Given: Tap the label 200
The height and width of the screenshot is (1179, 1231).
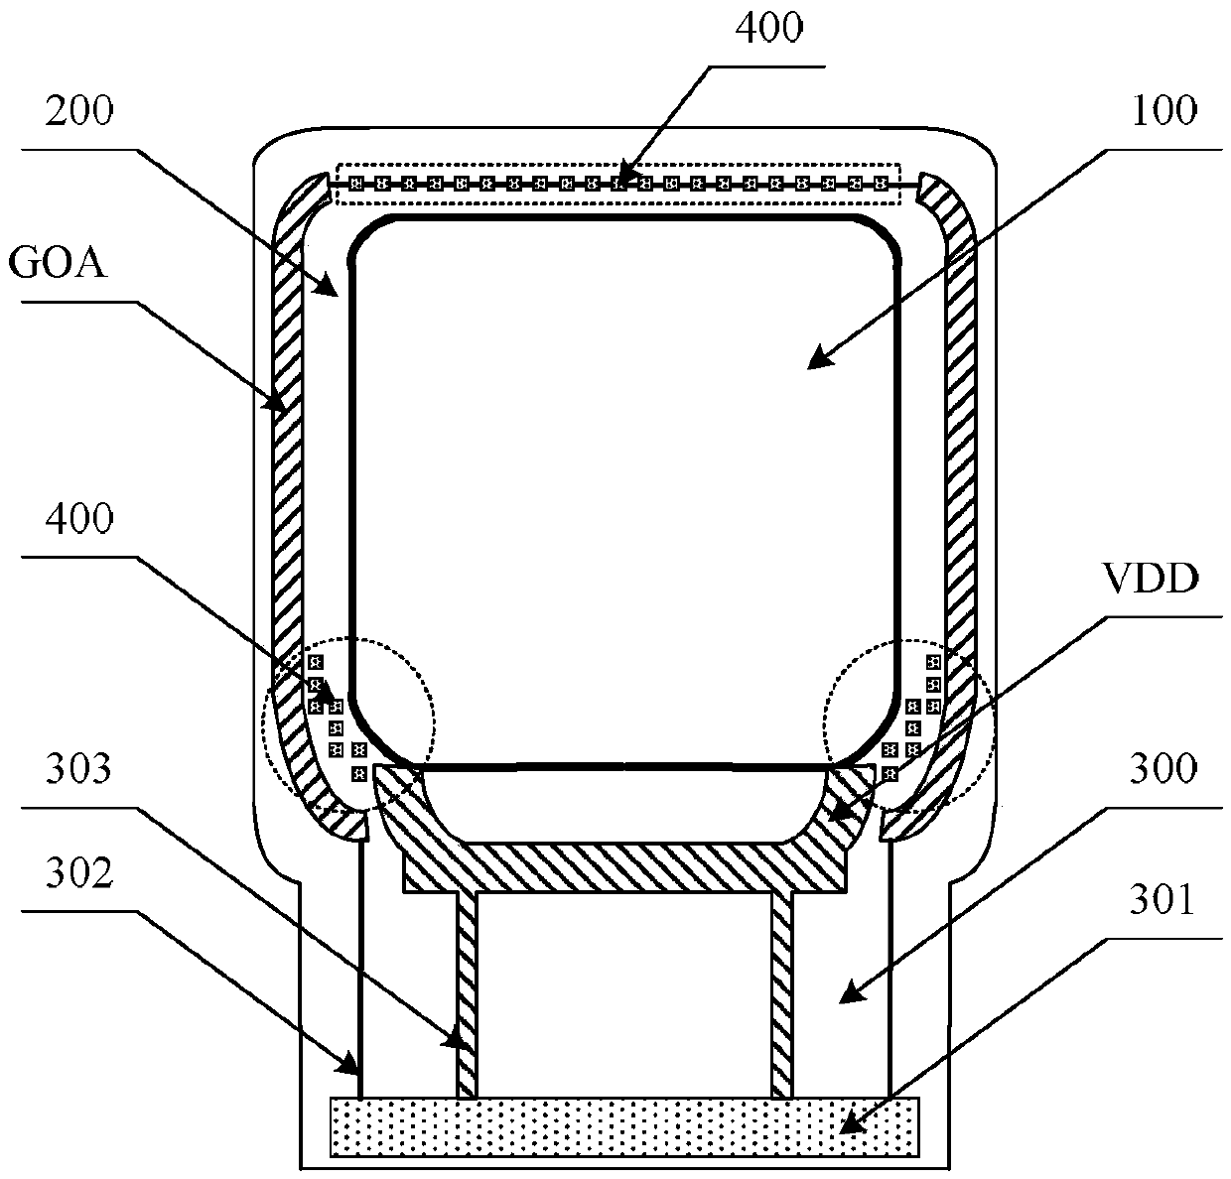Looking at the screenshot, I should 76,110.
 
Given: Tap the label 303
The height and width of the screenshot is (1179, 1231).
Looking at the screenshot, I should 76,768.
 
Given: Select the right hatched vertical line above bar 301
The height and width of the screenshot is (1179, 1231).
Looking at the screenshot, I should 781,992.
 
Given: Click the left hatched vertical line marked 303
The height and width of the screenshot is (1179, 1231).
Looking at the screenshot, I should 467,992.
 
